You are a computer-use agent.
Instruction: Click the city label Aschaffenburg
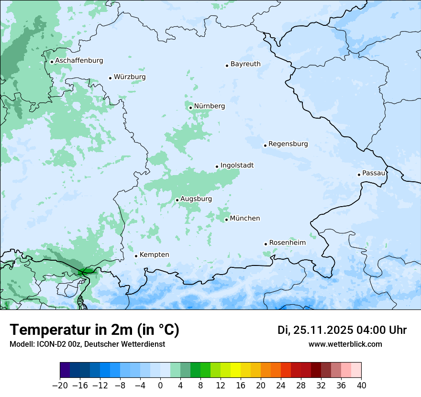79,61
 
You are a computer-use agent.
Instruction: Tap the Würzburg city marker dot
110,78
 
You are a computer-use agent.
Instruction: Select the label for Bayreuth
245,64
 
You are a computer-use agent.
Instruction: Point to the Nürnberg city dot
190,108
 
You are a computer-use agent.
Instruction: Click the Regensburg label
288,144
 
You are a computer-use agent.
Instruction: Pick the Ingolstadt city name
237,165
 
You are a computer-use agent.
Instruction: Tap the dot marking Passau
359,175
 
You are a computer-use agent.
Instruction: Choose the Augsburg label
196,199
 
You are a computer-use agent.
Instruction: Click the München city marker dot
226,220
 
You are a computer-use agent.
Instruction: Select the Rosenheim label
287,243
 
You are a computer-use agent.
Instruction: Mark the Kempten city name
154,255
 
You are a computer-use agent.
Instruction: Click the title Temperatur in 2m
94,330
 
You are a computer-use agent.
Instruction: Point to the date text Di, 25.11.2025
315,331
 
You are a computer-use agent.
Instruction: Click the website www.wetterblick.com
345,344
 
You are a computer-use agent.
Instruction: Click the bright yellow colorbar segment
235,370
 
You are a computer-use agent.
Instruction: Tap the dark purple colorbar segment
65,370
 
